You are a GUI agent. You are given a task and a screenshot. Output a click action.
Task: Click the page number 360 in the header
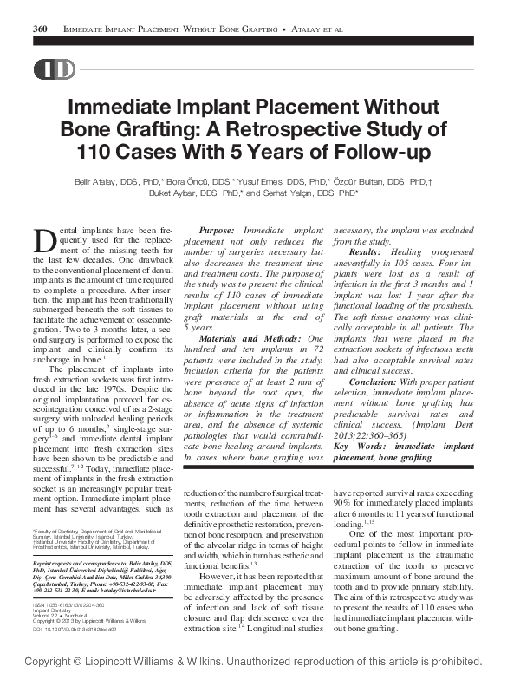39,29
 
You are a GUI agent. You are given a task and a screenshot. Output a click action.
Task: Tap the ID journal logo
54,70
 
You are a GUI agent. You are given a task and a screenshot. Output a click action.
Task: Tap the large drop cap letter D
45,240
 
